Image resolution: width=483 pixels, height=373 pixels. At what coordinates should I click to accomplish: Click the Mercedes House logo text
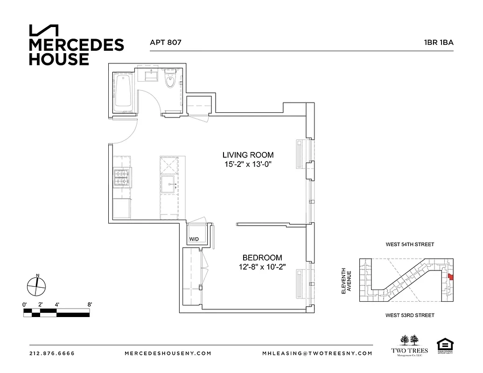coord(76,52)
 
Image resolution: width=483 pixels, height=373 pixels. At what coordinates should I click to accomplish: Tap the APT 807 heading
coord(165,42)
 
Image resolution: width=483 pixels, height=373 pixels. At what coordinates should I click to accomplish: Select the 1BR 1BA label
coord(438,42)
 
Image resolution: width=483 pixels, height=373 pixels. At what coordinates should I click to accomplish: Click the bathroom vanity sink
coord(152,76)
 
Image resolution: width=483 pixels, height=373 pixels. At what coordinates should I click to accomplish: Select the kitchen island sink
coord(168,185)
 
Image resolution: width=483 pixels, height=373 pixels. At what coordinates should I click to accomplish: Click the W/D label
coord(194,240)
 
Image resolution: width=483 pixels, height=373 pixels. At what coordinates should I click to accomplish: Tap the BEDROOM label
coord(262,257)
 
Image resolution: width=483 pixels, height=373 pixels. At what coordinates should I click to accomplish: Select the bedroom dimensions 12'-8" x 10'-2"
coord(262,267)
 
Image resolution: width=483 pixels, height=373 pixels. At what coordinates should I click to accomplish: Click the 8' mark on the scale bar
coord(89,304)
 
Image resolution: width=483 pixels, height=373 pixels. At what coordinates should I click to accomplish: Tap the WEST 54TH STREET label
coord(410,244)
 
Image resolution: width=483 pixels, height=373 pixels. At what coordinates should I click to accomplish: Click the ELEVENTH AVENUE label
coord(345,281)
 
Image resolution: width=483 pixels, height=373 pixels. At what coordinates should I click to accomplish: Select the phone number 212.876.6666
coord(52,353)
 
